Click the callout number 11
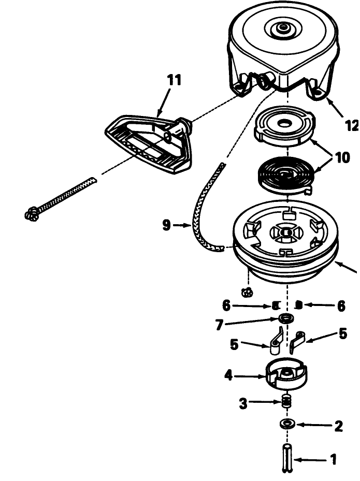coord(174,80)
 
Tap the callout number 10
coord(342,158)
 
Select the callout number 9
coord(166,225)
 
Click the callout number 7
coord(219,325)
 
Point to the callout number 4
coord(228,375)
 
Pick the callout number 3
coord(243,404)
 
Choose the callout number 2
coord(338,426)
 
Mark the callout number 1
coord(333,460)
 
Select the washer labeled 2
coord(287,424)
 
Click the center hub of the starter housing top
coord(281,28)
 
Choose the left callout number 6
coord(226,306)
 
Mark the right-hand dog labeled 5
coord(297,340)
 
